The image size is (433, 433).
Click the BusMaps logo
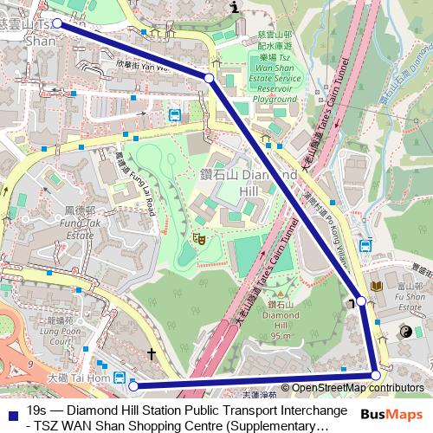tap(386, 415)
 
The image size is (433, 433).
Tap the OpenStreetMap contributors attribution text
tap(353, 388)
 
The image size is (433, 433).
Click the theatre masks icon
tap(198, 236)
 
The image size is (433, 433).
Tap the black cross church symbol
tap(152, 353)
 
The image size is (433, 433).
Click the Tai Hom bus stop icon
tap(118, 378)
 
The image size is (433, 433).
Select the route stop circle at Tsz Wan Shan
tap(58, 23)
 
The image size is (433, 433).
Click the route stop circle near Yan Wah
tap(209, 79)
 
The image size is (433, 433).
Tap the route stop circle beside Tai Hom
tap(132, 386)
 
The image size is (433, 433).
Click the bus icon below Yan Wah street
tap(174, 114)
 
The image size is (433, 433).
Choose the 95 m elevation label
tap(280, 335)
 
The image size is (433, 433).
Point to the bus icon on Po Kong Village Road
tap(365, 245)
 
